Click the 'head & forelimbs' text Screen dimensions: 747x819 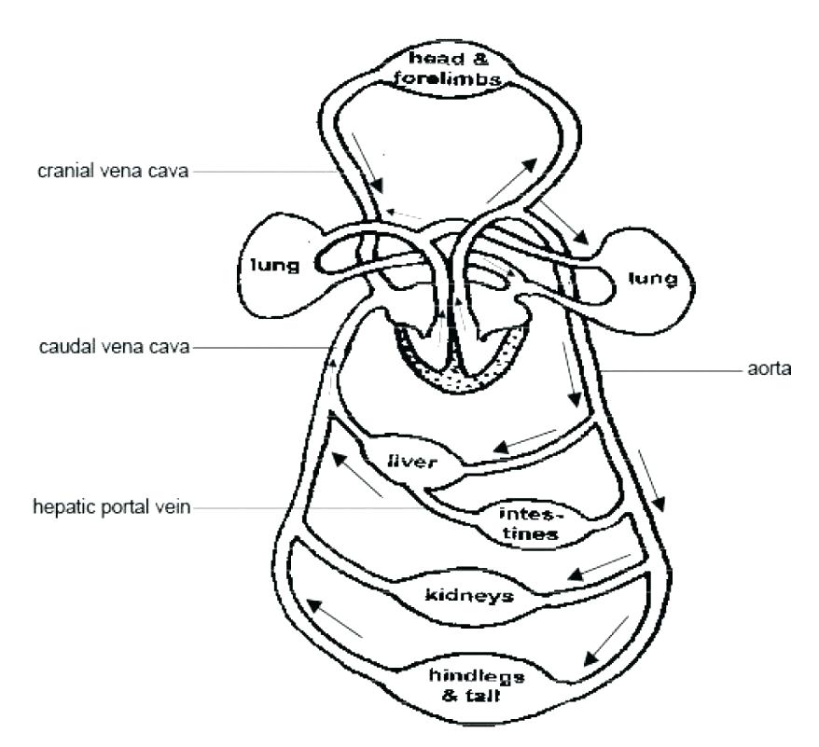click(437, 71)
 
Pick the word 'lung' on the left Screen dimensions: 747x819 click(273, 267)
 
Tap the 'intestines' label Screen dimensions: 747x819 click(528, 523)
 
